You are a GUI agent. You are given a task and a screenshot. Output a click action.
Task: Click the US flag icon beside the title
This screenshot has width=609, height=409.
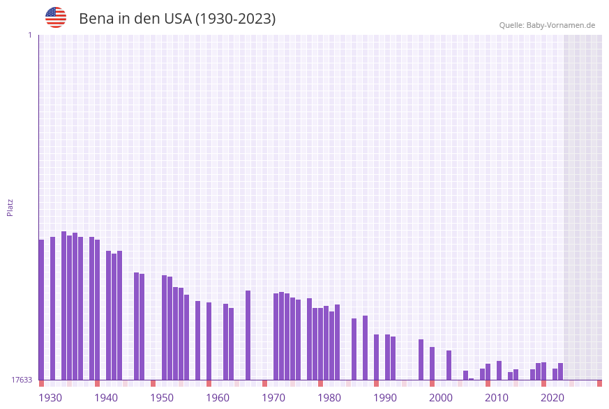[56, 17]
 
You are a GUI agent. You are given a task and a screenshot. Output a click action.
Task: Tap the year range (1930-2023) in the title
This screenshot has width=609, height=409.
[235, 19]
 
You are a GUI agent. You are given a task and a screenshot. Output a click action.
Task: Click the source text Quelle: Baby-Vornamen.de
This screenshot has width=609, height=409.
[547, 25]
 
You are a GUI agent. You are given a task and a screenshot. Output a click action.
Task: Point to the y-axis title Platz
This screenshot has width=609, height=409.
[10, 207]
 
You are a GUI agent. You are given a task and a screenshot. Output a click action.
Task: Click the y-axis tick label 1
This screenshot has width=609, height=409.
[29, 35]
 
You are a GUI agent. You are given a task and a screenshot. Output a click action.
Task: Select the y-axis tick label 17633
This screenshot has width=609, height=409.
[22, 380]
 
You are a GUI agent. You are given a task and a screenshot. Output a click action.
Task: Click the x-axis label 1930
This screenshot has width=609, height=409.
[50, 398]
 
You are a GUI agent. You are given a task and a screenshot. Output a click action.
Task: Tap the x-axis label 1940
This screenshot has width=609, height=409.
[106, 398]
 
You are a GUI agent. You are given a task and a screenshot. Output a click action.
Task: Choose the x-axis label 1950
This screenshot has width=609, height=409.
[162, 398]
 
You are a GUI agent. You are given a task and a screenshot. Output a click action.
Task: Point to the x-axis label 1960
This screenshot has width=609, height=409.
[218, 398]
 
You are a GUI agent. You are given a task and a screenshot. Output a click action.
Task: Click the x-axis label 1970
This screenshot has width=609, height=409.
[273, 398]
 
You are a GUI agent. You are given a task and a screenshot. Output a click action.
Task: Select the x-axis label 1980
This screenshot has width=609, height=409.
[329, 398]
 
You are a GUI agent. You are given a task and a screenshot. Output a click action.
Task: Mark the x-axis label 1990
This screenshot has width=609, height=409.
[385, 398]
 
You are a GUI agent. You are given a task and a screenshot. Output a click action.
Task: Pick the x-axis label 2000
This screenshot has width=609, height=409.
[441, 398]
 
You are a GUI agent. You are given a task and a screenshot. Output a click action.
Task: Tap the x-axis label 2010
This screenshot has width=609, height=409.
[497, 398]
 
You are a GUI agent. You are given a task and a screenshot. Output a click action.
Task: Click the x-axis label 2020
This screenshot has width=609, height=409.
[552, 398]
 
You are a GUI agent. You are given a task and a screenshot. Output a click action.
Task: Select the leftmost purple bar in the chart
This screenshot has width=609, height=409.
[41, 309]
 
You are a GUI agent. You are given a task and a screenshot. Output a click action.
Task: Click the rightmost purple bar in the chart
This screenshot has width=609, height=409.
[560, 371]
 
